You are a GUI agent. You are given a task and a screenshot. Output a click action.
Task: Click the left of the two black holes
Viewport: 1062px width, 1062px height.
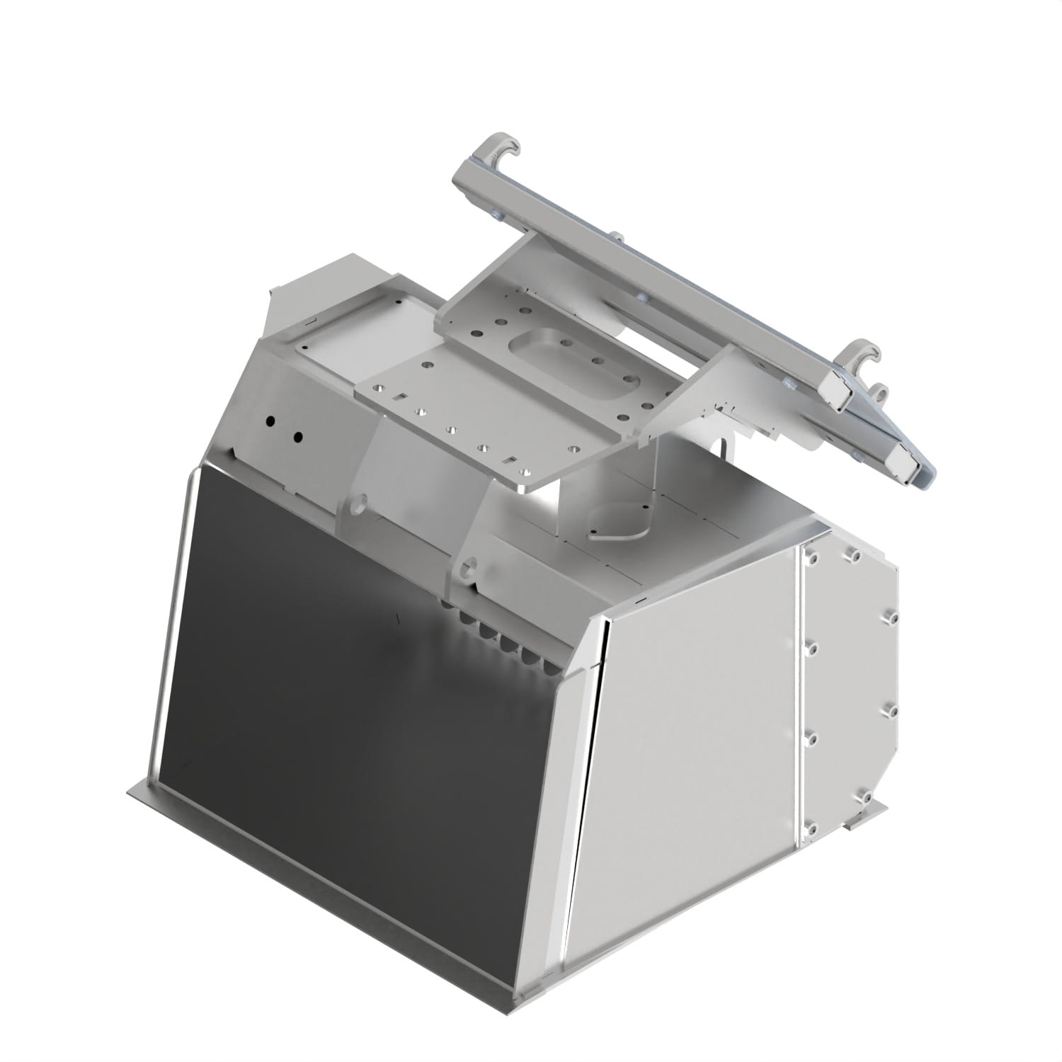point(270,421)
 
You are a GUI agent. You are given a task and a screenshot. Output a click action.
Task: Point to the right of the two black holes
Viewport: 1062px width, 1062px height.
point(298,436)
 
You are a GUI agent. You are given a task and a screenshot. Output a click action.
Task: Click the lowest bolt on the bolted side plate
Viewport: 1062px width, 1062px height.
point(811,829)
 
